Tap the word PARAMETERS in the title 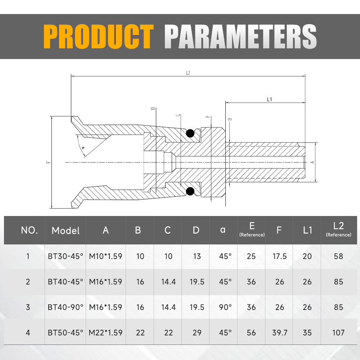click(x=240, y=37)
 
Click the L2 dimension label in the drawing click(x=188, y=73)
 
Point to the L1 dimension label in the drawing click(x=269, y=100)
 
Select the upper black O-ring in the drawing click(x=190, y=134)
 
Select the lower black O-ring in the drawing click(x=190, y=191)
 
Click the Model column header click(x=66, y=230)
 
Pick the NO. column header click(x=30, y=230)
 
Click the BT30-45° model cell click(x=66, y=256)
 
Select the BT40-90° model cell click(x=66, y=307)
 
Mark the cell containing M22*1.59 click(x=105, y=333)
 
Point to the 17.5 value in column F click(x=280, y=256)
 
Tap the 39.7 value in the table click(x=280, y=333)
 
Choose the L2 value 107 click(x=338, y=333)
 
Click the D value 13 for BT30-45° click(x=197, y=256)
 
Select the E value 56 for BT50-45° click(x=251, y=333)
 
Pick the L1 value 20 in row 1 click(x=307, y=256)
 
